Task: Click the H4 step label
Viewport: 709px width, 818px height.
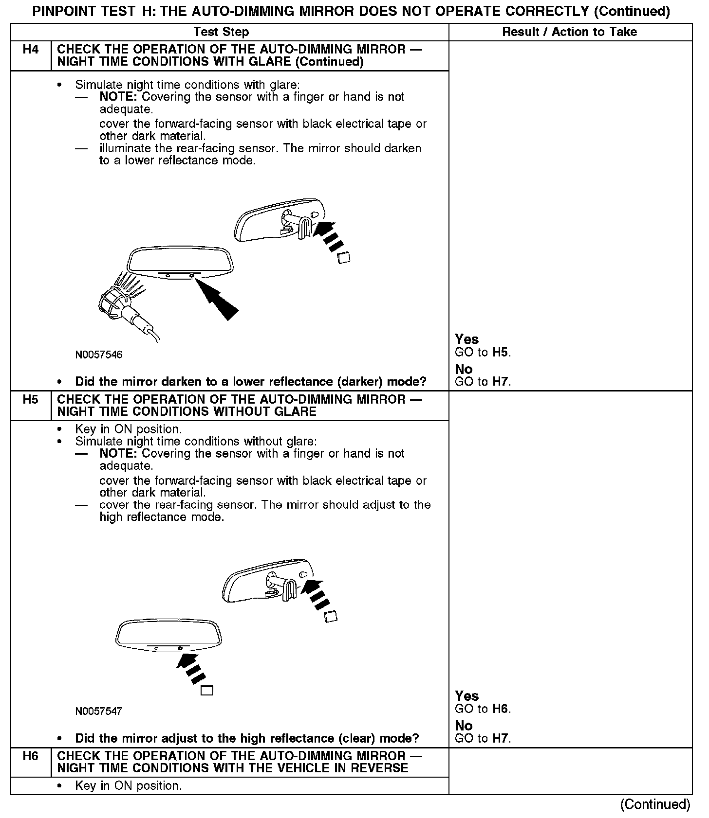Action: pyautogui.click(x=30, y=50)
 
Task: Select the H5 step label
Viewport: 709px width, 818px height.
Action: pyautogui.click(x=30, y=400)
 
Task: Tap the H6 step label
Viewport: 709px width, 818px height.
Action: pyautogui.click(x=30, y=756)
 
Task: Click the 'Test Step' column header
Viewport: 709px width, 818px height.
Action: pyautogui.click(x=221, y=32)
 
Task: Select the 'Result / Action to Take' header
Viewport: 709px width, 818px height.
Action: pyautogui.click(x=569, y=32)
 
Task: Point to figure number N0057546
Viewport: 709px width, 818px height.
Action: pyautogui.click(x=99, y=355)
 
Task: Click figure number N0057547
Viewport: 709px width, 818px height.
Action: pyautogui.click(x=99, y=711)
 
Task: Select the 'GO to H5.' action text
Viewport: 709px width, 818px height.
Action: pyautogui.click(x=483, y=353)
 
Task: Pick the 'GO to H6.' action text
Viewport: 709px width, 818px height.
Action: pyautogui.click(x=483, y=709)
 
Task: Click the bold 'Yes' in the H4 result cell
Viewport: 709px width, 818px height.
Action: pyautogui.click(x=466, y=339)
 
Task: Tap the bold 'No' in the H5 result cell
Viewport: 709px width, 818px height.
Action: pyautogui.click(x=464, y=726)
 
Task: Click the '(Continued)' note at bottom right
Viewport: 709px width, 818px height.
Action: pyautogui.click(x=655, y=804)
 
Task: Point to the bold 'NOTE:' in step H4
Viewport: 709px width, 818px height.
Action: pyautogui.click(x=119, y=97)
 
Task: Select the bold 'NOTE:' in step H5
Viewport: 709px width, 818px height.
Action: pyautogui.click(x=119, y=454)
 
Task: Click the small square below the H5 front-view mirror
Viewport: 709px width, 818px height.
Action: pyautogui.click(x=207, y=690)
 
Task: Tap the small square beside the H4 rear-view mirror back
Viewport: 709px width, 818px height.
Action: pyautogui.click(x=344, y=258)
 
